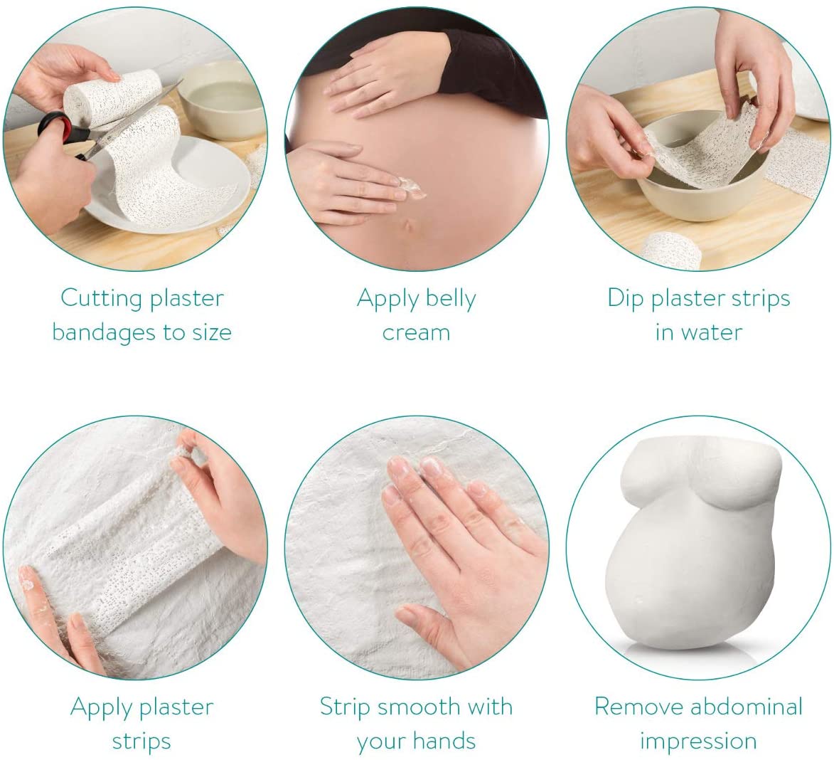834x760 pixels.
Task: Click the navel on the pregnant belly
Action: (406, 227)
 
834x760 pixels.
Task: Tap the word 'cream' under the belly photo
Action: (416, 332)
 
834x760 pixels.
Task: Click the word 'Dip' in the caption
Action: (625, 298)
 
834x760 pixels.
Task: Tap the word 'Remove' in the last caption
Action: (638, 707)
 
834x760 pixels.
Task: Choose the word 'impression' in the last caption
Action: (698, 741)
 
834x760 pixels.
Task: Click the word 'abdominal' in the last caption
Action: (747, 707)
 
